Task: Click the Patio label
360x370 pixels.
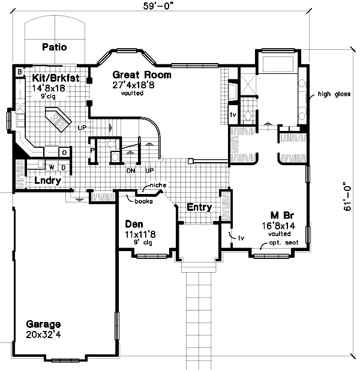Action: tap(54, 47)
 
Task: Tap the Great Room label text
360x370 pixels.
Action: tap(142, 75)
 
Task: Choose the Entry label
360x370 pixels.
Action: tap(199, 207)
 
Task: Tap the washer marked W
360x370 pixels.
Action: tap(52, 166)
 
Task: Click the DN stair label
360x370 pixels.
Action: tap(130, 170)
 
